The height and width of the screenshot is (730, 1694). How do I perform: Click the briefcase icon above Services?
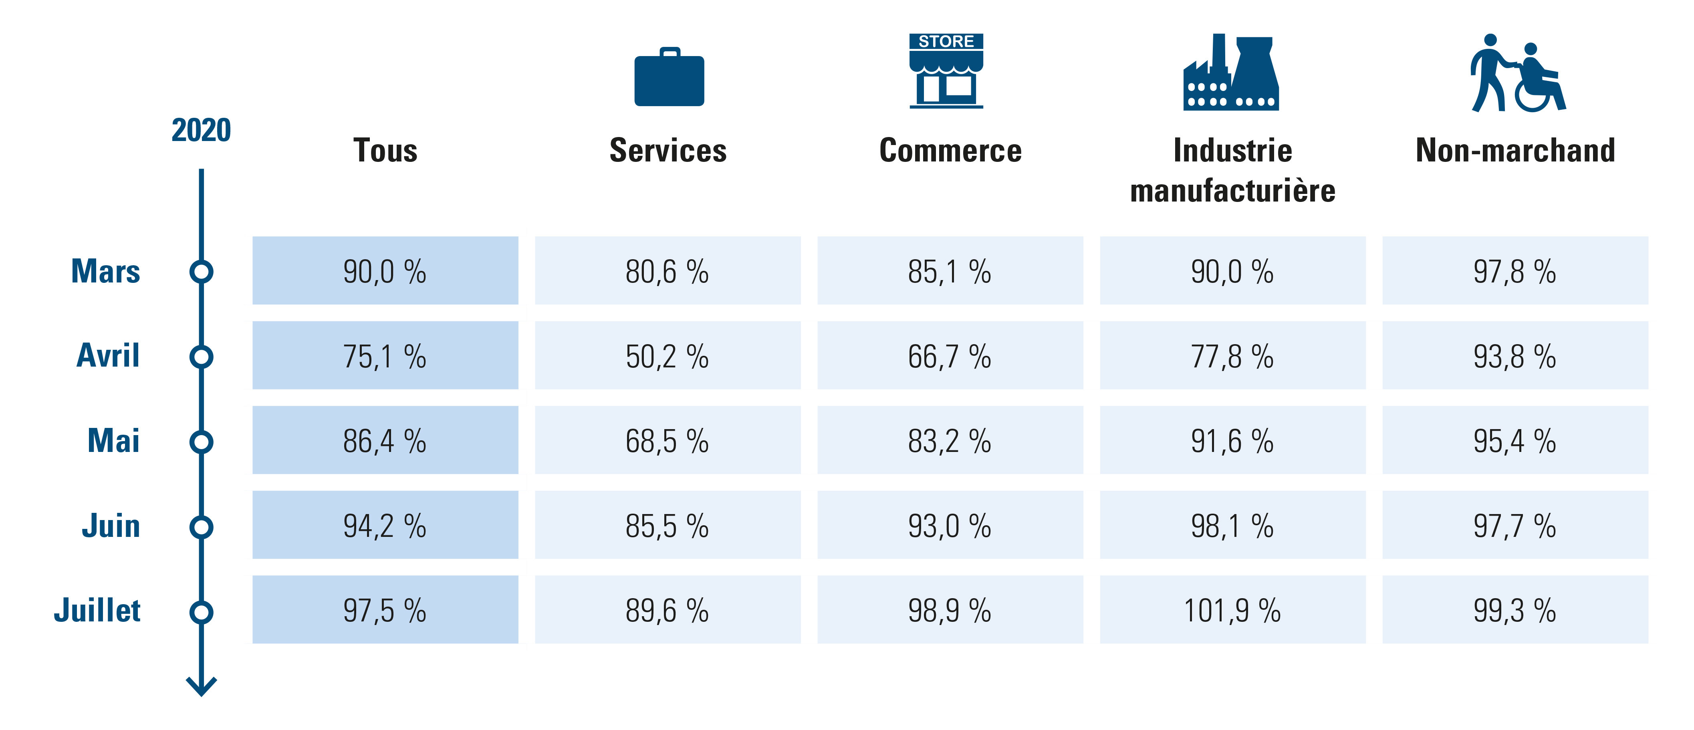669,78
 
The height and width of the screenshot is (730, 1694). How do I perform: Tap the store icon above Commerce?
946,71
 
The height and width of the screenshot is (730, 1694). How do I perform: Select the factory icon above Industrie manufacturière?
1230,74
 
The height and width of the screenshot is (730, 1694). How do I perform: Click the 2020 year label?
201,130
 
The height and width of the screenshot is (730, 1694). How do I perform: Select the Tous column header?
385,151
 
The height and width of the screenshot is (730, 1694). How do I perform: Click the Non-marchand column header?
1515,151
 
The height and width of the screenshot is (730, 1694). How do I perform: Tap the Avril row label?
109,356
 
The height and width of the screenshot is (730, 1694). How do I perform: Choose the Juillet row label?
97,610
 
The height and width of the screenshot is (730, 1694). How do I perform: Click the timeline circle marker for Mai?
201,441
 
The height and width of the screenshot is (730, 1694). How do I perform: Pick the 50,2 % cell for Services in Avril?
668,356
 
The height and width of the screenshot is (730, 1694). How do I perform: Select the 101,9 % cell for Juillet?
1232,610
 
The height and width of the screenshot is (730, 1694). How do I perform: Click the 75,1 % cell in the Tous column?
385,356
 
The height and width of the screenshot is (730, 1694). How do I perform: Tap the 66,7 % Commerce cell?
950,356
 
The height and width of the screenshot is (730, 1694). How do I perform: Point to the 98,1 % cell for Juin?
1232,526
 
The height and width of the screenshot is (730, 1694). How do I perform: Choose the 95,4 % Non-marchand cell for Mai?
1515,441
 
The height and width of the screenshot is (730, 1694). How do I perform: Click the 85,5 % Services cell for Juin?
668,526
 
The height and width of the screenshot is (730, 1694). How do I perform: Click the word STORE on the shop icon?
946,41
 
